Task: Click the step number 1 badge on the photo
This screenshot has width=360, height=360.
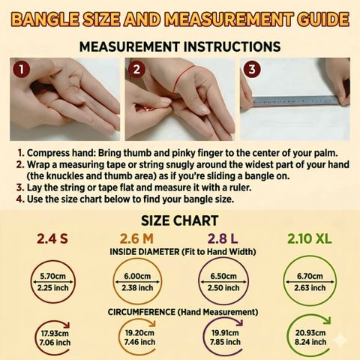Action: pyautogui.click(x=22, y=69)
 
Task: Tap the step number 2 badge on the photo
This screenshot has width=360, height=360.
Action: pyautogui.click(x=136, y=69)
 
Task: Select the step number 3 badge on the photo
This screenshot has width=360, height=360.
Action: pyautogui.click(x=252, y=69)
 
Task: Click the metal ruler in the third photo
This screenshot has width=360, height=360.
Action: pyautogui.click(x=295, y=101)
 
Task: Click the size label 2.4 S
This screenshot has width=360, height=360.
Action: pyautogui.click(x=52, y=238)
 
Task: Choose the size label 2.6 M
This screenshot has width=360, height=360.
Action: pyautogui.click(x=136, y=238)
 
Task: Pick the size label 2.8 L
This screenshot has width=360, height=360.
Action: pyautogui.click(x=223, y=238)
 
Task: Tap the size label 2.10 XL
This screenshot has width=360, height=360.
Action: pyautogui.click(x=310, y=238)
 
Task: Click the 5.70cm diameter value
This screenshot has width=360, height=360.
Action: pyautogui.click(x=52, y=276)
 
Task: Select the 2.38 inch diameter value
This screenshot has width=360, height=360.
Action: pyautogui.click(x=137, y=288)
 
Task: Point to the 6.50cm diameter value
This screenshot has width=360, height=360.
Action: pyautogui.click(x=223, y=276)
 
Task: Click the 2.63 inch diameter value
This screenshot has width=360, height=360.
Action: pyautogui.click(x=310, y=288)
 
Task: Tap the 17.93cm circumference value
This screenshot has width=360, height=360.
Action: pyautogui.click(x=55, y=333)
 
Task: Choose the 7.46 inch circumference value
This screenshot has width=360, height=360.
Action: pyautogui.click(x=139, y=342)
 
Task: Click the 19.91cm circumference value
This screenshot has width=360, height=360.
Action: pyautogui.click(x=225, y=333)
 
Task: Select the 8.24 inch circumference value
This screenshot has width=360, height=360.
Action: pyautogui.click(x=310, y=342)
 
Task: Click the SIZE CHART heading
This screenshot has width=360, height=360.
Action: pyautogui.click(x=180, y=220)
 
